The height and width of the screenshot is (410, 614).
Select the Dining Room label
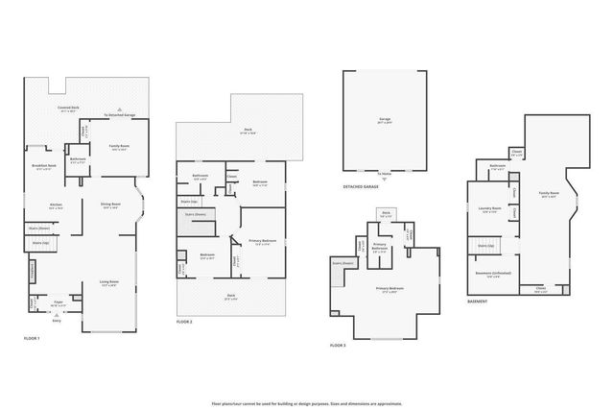(110, 204)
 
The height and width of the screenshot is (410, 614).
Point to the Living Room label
(108, 281)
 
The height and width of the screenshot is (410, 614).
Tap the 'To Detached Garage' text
(121, 114)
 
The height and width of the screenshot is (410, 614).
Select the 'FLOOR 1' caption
(33, 339)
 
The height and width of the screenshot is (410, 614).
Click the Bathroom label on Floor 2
(201, 175)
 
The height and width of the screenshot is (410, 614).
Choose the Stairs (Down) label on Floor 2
(196, 215)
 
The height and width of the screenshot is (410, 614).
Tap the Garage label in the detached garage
(384, 121)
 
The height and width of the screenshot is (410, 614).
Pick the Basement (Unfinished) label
(493, 273)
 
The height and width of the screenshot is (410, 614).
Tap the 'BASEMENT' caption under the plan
(477, 301)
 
